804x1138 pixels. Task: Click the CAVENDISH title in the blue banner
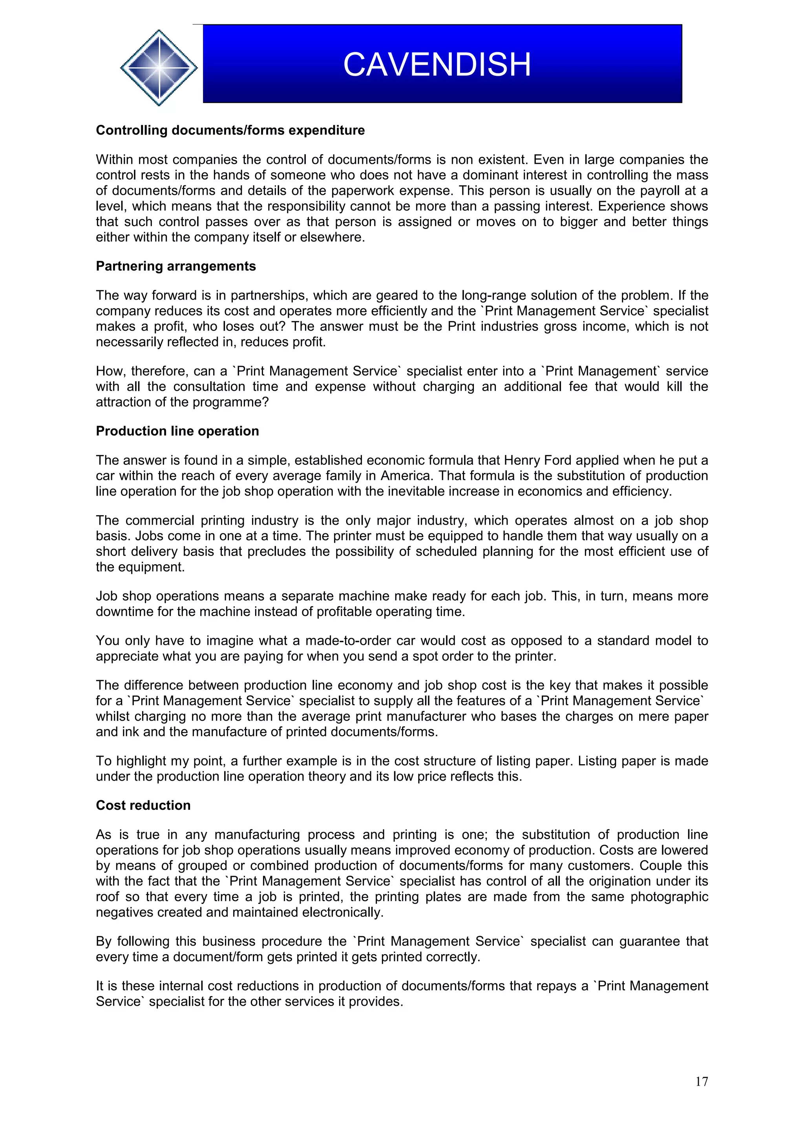pyautogui.click(x=437, y=64)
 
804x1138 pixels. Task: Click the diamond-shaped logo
pyautogui.click(x=159, y=68)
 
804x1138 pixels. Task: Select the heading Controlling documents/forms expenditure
pyautogui.click(x=230, y=130)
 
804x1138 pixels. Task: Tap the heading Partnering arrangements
pyautogui.click(x=175, y=266)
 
